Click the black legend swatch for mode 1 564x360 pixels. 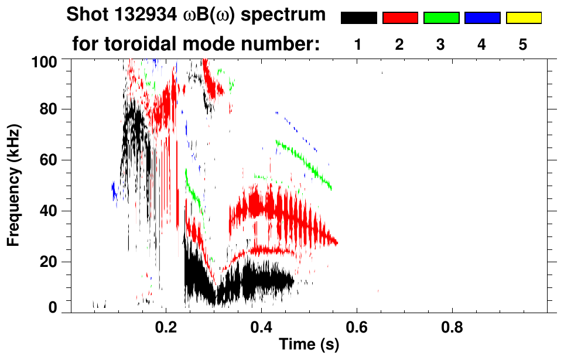point(358,18)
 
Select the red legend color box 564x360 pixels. point(399,18)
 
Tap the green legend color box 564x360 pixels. point(441,18)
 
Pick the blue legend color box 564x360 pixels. point(482,18)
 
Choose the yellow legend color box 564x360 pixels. point(523,18)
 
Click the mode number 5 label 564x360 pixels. point(523,44)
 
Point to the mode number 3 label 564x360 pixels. point(441,44)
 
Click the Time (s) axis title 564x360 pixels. point(309,345)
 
